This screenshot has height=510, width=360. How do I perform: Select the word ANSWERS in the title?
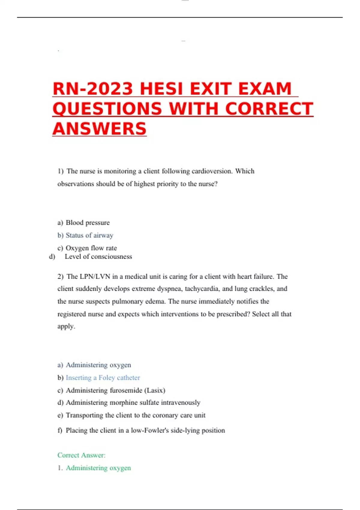point(99,129)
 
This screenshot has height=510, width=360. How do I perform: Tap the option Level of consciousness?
point(98,256)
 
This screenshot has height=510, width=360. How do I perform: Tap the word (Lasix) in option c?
point(154,390)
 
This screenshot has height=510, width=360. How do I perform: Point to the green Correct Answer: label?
point(81,455)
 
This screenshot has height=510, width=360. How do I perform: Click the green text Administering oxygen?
point(98,468)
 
